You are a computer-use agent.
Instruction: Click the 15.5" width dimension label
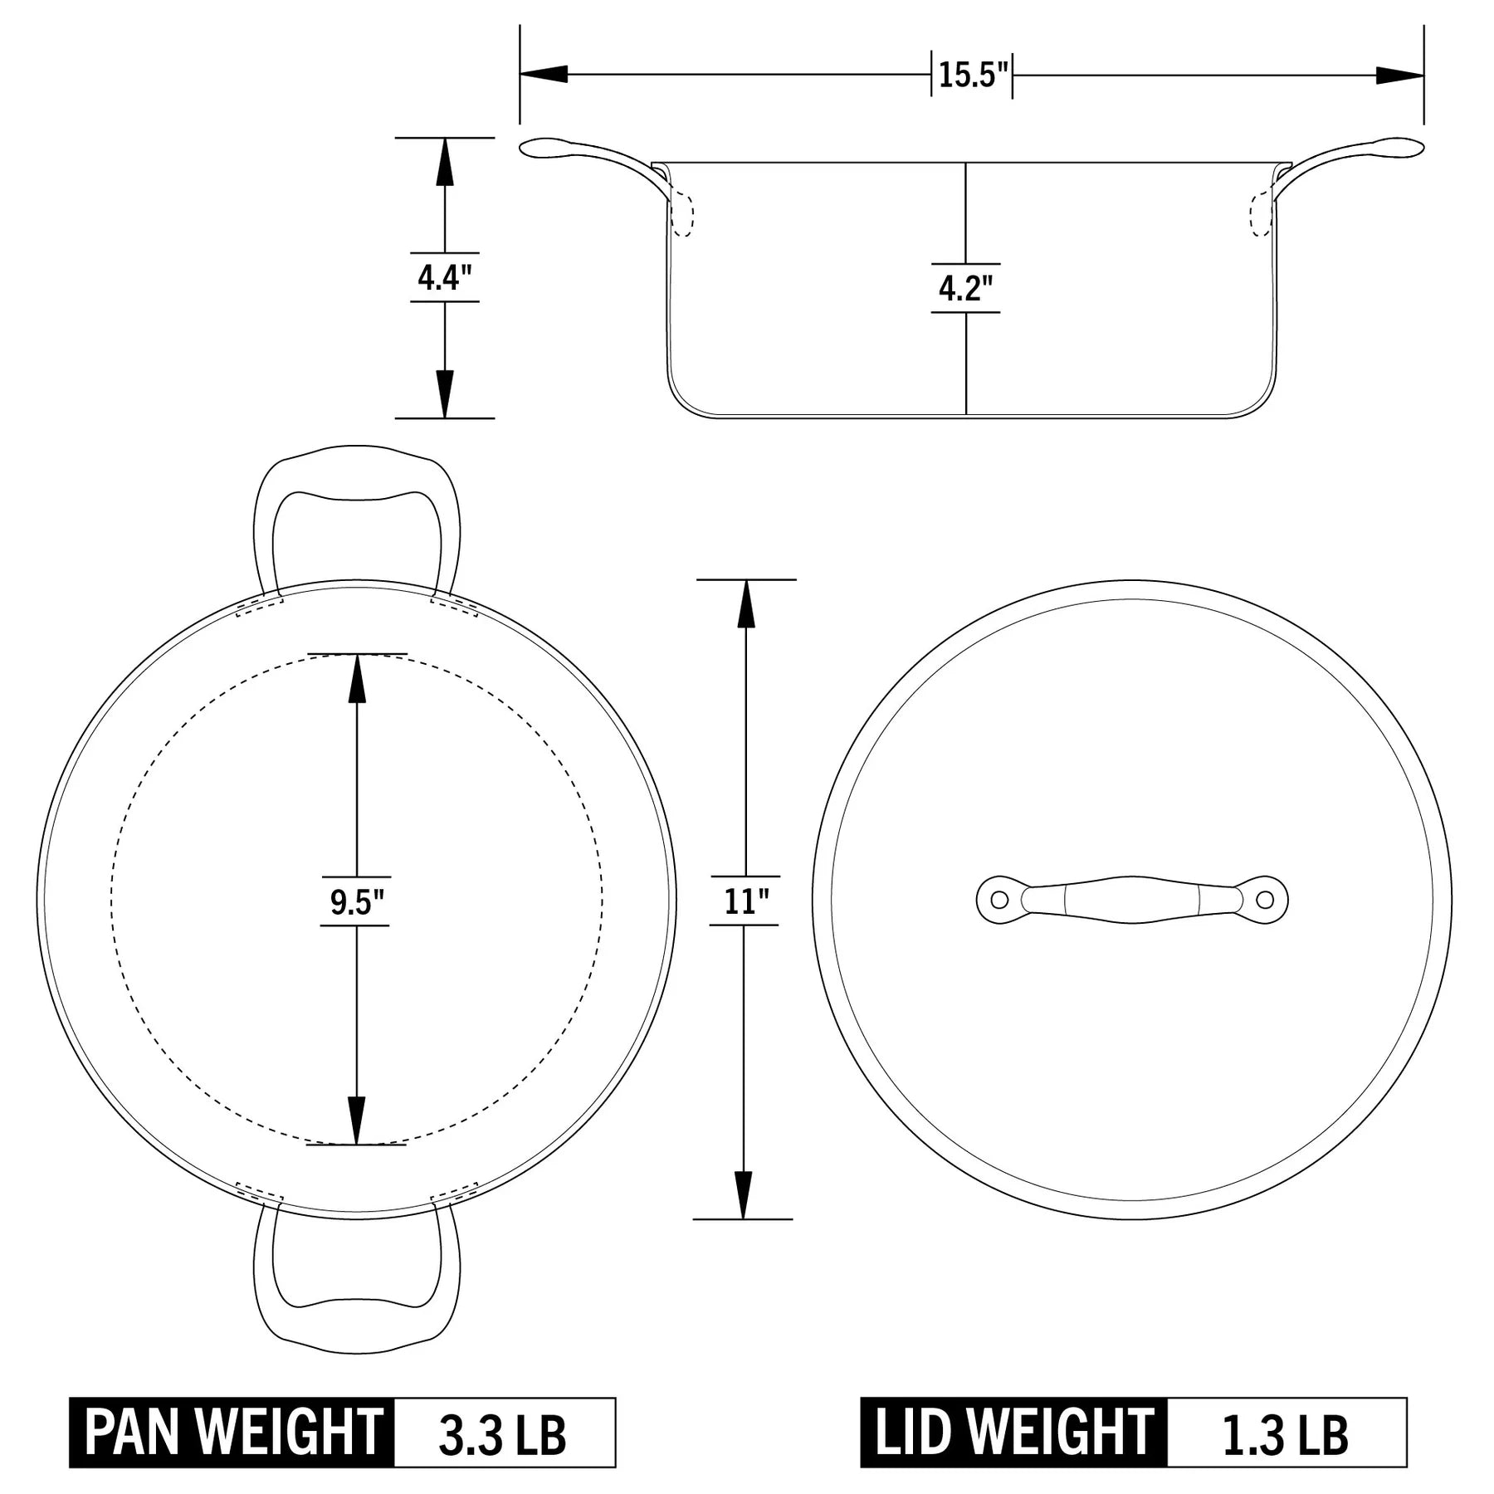[x=972, y=75]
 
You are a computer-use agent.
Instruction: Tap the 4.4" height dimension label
[x=444, y=277]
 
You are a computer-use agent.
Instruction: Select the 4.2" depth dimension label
[x=965, y=288]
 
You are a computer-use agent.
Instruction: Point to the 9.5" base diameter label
[x=356, y=902]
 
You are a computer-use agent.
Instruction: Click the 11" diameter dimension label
[x=745, y=901]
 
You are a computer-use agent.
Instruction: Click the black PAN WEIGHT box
[x=232, y=1432]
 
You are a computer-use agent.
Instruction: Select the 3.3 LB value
[x=503, y=1433]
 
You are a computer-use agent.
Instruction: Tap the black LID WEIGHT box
[x=1014, y=1432]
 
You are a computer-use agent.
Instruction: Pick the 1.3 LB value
[x=1286, y=1433]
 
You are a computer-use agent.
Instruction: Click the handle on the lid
[x=1132, y=900]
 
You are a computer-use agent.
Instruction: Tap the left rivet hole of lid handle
[x=1000, y=900]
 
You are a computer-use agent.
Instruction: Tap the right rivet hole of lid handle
[x=1264, y=900]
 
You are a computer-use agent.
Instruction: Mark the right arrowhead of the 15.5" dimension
[x=1401, y=75]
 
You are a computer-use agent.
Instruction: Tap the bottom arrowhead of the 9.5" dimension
[x=357, y=1120]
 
